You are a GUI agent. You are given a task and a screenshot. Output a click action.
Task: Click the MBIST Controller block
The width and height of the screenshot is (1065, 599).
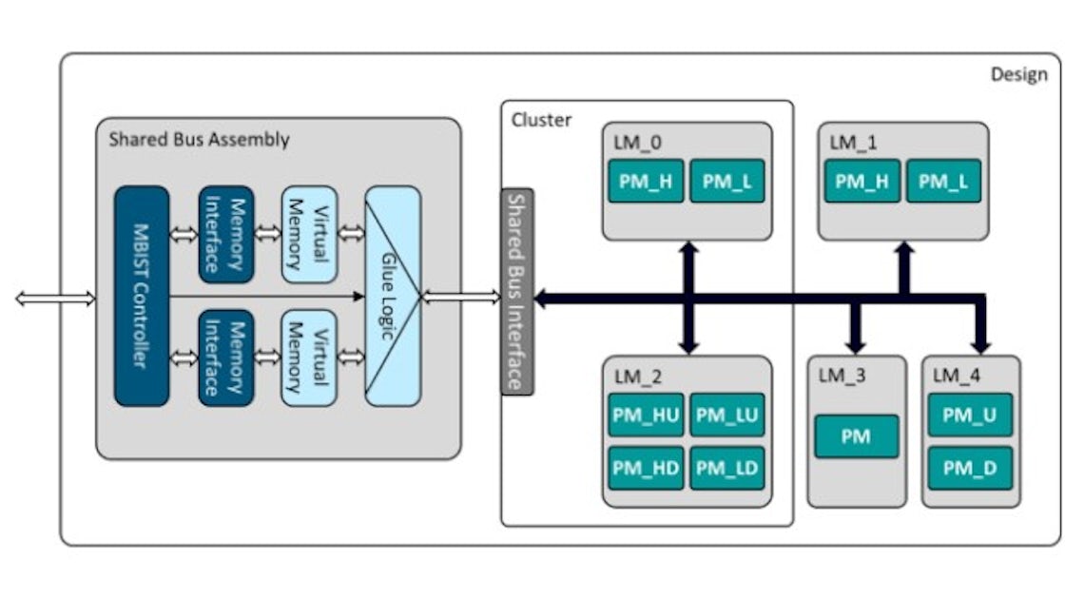pyautogui.click(x=142, y=296)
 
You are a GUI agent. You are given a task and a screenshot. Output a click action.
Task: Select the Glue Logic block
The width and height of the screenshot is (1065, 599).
pyautogui.click(x=393, y=296)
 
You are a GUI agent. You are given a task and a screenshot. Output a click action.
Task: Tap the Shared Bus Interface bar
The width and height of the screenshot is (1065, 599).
pyautogui.click(x=517, y=291)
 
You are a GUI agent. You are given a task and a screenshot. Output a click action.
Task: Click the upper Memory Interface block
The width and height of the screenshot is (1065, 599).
pyautogui.click(x=226, y=234)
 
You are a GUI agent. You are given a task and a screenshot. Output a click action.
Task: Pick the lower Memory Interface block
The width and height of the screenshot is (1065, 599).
pyautogui.click(x=226, y=357)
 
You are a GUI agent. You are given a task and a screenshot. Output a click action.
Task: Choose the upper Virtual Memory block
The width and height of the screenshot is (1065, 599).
pyautogui.click(x=310, y=234)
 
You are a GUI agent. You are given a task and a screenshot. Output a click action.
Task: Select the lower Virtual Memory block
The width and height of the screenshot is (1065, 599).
pyautogui.click(x=310, y=357)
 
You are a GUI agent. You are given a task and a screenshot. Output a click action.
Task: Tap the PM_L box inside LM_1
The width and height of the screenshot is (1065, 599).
pyautogui.click(x=943, y=181)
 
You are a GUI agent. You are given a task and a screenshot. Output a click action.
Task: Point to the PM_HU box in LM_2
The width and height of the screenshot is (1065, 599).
pyautogui.click(x=646, y=415)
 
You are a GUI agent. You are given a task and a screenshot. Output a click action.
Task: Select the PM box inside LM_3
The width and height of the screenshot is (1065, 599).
pyautogui.click(x=856, y=436)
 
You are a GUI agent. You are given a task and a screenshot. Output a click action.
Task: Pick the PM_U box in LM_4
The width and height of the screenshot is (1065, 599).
pyautogui.click(x=970, y=415)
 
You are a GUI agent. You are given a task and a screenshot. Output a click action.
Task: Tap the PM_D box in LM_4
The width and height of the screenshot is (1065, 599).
pyautogui.click(x=970, y=467)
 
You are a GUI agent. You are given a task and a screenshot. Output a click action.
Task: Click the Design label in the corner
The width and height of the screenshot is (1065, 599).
pyautogui.click(x=1018, y=74)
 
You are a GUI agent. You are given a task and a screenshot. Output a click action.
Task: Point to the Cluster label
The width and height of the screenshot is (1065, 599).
pyautogui.click(x=542, y=120)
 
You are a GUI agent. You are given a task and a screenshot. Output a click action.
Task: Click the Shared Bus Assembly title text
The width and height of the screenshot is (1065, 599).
pyautogui.click(x=199, y=140)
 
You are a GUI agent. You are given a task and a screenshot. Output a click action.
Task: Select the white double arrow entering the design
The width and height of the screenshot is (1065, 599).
pyautogui.click(x=55, y=299)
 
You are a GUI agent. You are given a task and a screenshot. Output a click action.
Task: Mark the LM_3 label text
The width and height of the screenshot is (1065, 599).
pyautogui.click(x=842, y=376)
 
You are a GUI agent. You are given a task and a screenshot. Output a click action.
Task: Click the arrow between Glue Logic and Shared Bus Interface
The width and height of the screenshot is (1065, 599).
pyautogui.click(x=460, y=299)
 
